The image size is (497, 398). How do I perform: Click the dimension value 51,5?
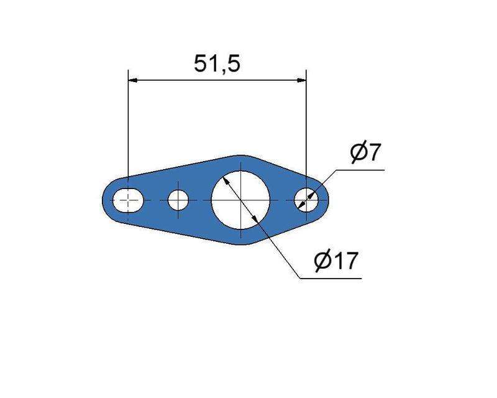(x=217, y=64)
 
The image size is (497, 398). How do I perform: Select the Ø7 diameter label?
(x=365, y=153)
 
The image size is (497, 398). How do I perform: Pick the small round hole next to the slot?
(x=179, y=200)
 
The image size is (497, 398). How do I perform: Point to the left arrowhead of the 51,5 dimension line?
(x=133, y=80)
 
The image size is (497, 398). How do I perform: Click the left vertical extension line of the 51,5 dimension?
(x=128, y=124)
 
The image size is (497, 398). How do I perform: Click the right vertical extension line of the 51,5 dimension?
(x=307, y=124)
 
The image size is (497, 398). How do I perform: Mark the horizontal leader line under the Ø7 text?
(x=360, y=169)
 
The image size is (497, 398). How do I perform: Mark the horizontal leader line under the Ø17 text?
(x=329, y=278)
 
